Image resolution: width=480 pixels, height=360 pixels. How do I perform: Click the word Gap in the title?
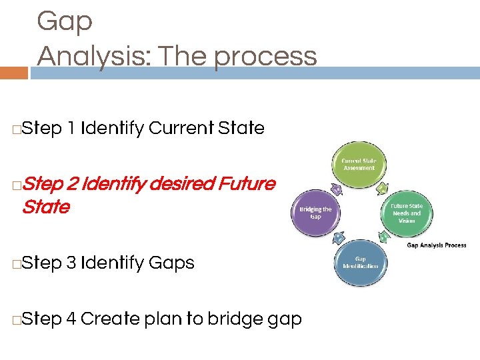click(65, 22)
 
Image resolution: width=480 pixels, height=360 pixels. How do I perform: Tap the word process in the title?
click(265, 57)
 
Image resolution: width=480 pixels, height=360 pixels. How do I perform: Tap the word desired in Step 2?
click(179, 183)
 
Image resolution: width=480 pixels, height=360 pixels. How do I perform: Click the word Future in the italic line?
click(247, 183)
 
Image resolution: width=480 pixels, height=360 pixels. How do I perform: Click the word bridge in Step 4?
click(237, 319)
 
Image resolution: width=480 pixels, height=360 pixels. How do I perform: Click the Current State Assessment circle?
click(358, 164)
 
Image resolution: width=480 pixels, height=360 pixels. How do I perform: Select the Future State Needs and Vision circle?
click(406, 213)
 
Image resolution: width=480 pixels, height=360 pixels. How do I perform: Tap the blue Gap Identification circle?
click(359, 263)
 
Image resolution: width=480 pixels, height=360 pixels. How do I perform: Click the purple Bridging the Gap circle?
click(315, 213)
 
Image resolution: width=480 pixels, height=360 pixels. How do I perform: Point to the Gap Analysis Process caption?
click(437, 245)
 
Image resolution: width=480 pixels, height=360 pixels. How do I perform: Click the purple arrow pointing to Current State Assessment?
click(337, 190)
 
